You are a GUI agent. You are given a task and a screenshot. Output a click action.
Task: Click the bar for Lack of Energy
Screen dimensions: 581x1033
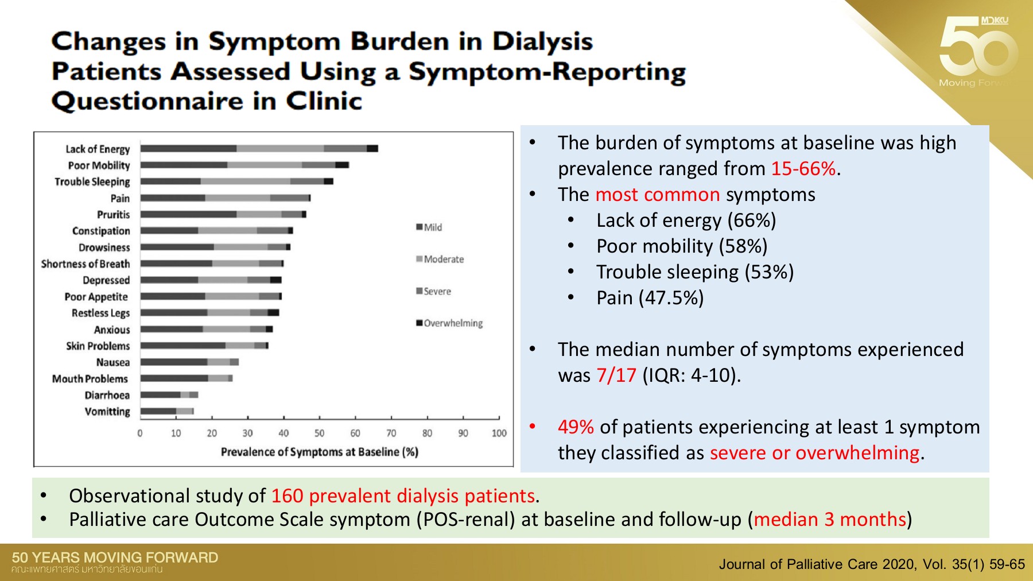click(259, 149)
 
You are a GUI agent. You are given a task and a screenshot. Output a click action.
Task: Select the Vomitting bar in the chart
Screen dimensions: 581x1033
click(166, 411)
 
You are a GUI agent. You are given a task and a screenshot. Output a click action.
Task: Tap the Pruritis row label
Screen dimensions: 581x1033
click(113, 215)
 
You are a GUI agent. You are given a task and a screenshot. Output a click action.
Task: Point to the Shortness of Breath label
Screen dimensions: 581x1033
click(86, 264)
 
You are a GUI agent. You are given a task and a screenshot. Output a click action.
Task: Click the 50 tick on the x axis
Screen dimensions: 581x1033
click(319, 433)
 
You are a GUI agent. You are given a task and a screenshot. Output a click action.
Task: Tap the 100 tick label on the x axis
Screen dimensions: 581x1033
click(499, 433)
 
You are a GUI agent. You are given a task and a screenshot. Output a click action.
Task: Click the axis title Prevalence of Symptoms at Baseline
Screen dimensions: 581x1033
click(319, 452)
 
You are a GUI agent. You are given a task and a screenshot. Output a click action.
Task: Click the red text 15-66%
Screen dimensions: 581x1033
click(803, 169)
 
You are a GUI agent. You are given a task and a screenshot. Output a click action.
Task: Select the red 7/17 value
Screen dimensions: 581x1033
click(616, 375)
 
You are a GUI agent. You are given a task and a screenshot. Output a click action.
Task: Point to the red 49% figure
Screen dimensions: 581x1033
click(576, 427)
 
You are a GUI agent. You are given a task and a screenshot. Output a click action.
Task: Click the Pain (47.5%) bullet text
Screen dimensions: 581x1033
click(650, 298)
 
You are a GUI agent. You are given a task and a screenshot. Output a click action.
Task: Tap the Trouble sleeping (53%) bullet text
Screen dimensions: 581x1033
click(694, 272)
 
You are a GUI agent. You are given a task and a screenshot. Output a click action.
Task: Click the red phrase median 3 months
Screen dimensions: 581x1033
click(829, 520)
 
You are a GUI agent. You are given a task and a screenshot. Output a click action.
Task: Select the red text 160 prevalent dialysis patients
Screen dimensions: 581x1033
click(403, 496)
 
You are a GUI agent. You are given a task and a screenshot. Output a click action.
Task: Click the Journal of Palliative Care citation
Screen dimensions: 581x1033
click(871, 564)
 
